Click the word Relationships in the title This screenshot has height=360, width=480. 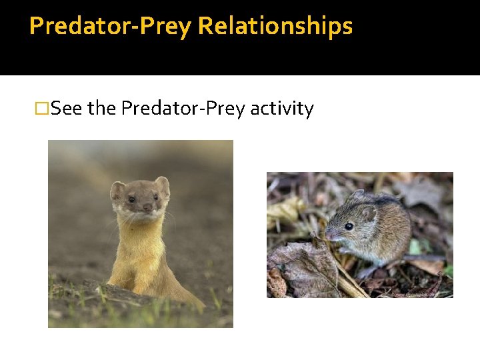[275, 26]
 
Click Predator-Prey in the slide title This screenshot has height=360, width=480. [111, 26]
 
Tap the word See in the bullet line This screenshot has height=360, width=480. [67, 108]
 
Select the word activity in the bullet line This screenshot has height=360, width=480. [281, 108]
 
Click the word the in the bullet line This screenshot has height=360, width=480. [102, 108]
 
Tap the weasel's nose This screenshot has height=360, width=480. [147, 207]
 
